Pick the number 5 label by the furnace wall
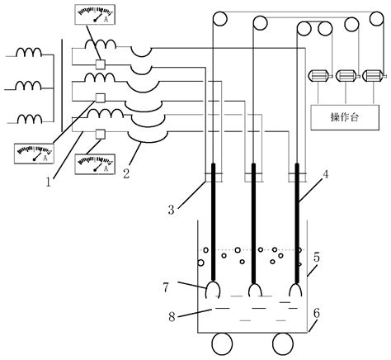[319, 258]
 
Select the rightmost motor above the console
[373, 76]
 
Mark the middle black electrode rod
[252, 223]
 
